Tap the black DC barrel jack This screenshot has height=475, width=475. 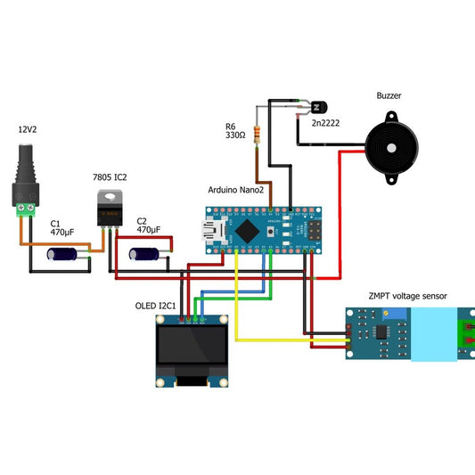(x=27, y=175)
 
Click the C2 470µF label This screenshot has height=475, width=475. (x=148, y=225)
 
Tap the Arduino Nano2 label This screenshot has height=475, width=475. (x=238, y=190)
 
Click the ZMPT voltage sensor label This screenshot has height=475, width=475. (x=407, y=296)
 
